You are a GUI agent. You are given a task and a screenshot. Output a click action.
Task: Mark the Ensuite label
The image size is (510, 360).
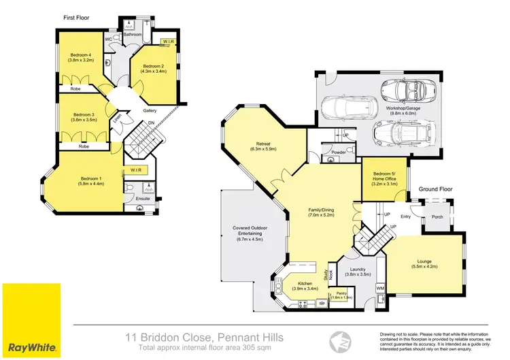click(142, 199)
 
